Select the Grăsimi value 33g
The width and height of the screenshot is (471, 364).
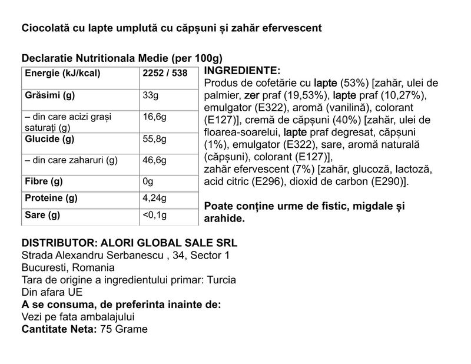coord(152,95)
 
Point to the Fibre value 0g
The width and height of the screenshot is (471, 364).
coord(148,181)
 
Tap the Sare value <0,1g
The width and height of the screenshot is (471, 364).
coord(156,215)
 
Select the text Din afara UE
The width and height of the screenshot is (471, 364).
coord(51,292)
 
